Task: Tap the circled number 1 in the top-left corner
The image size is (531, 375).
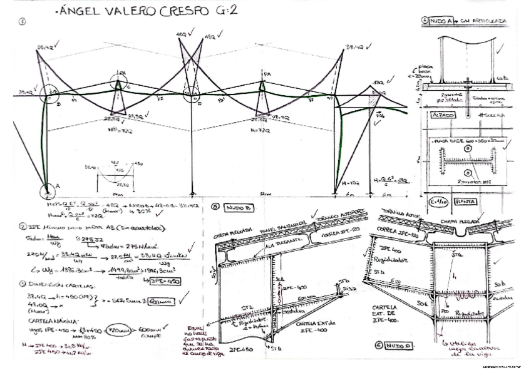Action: (x=23, y=21)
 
